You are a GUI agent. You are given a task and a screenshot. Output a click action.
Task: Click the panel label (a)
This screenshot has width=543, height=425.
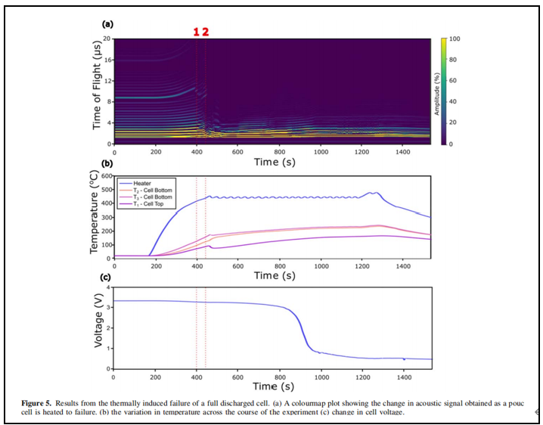[107, 25]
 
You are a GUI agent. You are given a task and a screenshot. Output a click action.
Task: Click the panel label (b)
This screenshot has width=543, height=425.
[107, 163]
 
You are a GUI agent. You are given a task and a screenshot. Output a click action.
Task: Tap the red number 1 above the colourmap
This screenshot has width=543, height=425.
[196, 32]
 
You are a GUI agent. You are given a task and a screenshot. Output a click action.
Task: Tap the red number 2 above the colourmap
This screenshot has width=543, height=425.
[205, 32]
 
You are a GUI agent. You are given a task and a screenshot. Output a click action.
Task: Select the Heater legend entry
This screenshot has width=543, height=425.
[142, 183]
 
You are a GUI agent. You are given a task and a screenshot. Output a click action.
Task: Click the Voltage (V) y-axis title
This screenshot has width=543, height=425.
[98, 327]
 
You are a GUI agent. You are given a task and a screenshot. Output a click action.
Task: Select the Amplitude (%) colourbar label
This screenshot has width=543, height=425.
[460, 91]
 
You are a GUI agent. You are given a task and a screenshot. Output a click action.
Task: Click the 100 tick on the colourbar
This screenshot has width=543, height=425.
[455, 38]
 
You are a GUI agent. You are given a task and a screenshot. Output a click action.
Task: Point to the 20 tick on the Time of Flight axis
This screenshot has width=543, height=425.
[107, 38]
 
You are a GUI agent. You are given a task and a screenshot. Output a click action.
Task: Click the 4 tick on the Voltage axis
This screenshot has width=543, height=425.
[109, 287]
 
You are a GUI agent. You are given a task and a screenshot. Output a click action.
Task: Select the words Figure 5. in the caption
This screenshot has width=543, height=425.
[39, 405]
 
